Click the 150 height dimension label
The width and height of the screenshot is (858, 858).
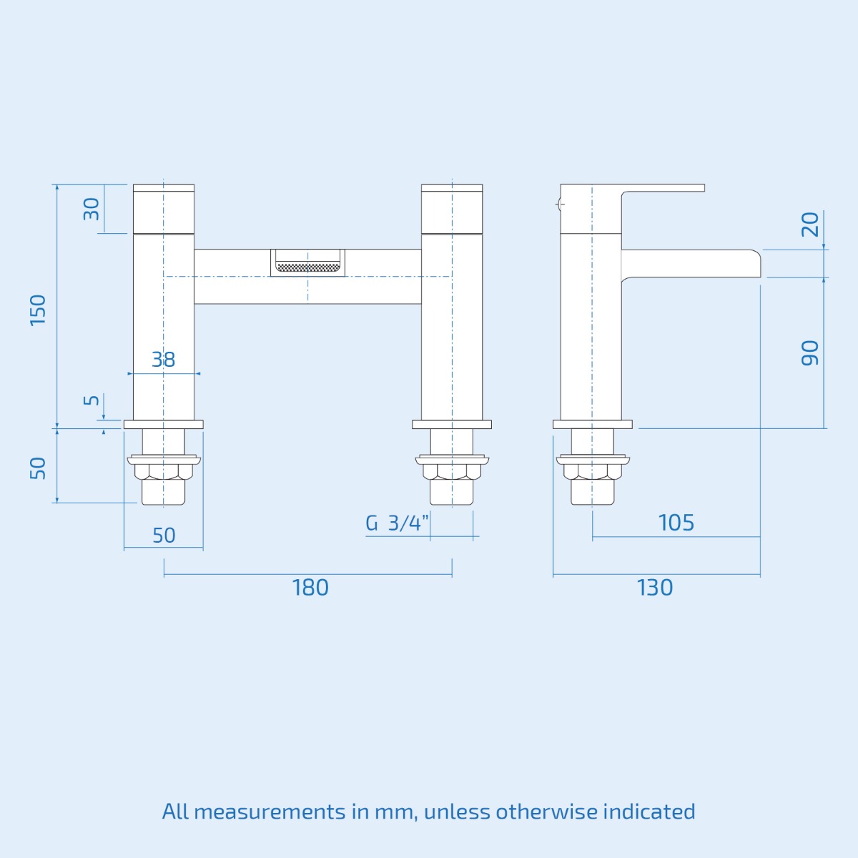click(38, 310)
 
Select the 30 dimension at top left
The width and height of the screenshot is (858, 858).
click(92, 209)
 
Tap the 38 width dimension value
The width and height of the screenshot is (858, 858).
click(163, 360)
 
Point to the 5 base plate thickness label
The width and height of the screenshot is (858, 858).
click(92, 400)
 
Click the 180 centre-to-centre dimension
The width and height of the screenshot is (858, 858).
click(310, 588)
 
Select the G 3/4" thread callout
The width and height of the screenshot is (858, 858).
click(397, 523)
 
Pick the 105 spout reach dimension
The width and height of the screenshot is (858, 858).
click(676, 523)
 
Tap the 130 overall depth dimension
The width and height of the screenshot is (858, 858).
click(654, 588)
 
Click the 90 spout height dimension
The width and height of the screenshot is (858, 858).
click(809, 353)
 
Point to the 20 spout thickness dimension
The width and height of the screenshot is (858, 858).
click(809, 225)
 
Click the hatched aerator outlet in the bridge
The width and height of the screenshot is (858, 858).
click(307, 267)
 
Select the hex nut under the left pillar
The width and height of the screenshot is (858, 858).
click(164, 472)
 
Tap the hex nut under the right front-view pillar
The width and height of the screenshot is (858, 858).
click(452, 472)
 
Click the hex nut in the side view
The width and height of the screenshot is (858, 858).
click(592, 472)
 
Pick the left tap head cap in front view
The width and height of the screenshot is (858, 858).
click(164, 209)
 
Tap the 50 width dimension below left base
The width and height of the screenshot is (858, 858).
click(164, 536)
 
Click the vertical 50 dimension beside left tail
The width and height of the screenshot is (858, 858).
click(38, 468)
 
